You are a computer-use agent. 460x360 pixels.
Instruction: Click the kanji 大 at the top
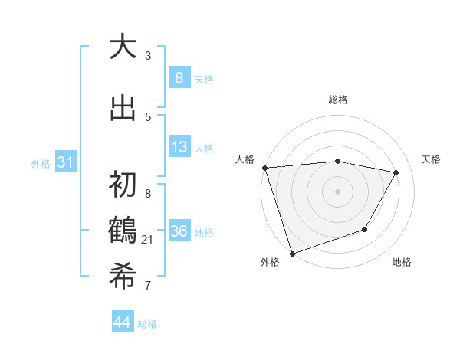click(x=123, y=47)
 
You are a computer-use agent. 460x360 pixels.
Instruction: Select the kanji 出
click(x=123, y=108)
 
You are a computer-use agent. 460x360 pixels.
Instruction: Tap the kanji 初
click(x=123, y=185)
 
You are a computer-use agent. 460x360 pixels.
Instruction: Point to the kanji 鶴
click(x=123, y=231)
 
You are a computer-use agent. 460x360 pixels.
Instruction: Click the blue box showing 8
click(x=179, y=77)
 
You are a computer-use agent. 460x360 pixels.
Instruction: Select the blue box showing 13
click(x=179, y=147)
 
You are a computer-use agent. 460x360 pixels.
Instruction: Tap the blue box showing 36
click(x=179, y=231)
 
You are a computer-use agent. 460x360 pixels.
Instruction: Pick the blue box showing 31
click(x=65, y=162)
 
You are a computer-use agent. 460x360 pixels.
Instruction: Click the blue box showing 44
click(x=122, y=322)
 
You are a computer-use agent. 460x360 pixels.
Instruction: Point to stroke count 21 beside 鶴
click(x=148, y=240)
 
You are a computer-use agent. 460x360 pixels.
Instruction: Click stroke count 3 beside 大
click(x=148, y=55)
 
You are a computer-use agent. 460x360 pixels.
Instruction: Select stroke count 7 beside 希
click(x=148, y=286)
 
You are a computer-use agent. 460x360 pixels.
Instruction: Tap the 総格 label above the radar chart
click(x=338, y=100)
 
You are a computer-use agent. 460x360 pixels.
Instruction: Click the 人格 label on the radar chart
click(x=245, y=159)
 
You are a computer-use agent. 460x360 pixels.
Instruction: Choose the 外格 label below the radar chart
click(x=270, y=262)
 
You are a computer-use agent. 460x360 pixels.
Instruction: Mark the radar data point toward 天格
click(x=396, y=173)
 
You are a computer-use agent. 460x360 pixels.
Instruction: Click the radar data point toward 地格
click(x=365, y=229)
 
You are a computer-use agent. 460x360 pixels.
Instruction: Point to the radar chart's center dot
click(x=337, y=191)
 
